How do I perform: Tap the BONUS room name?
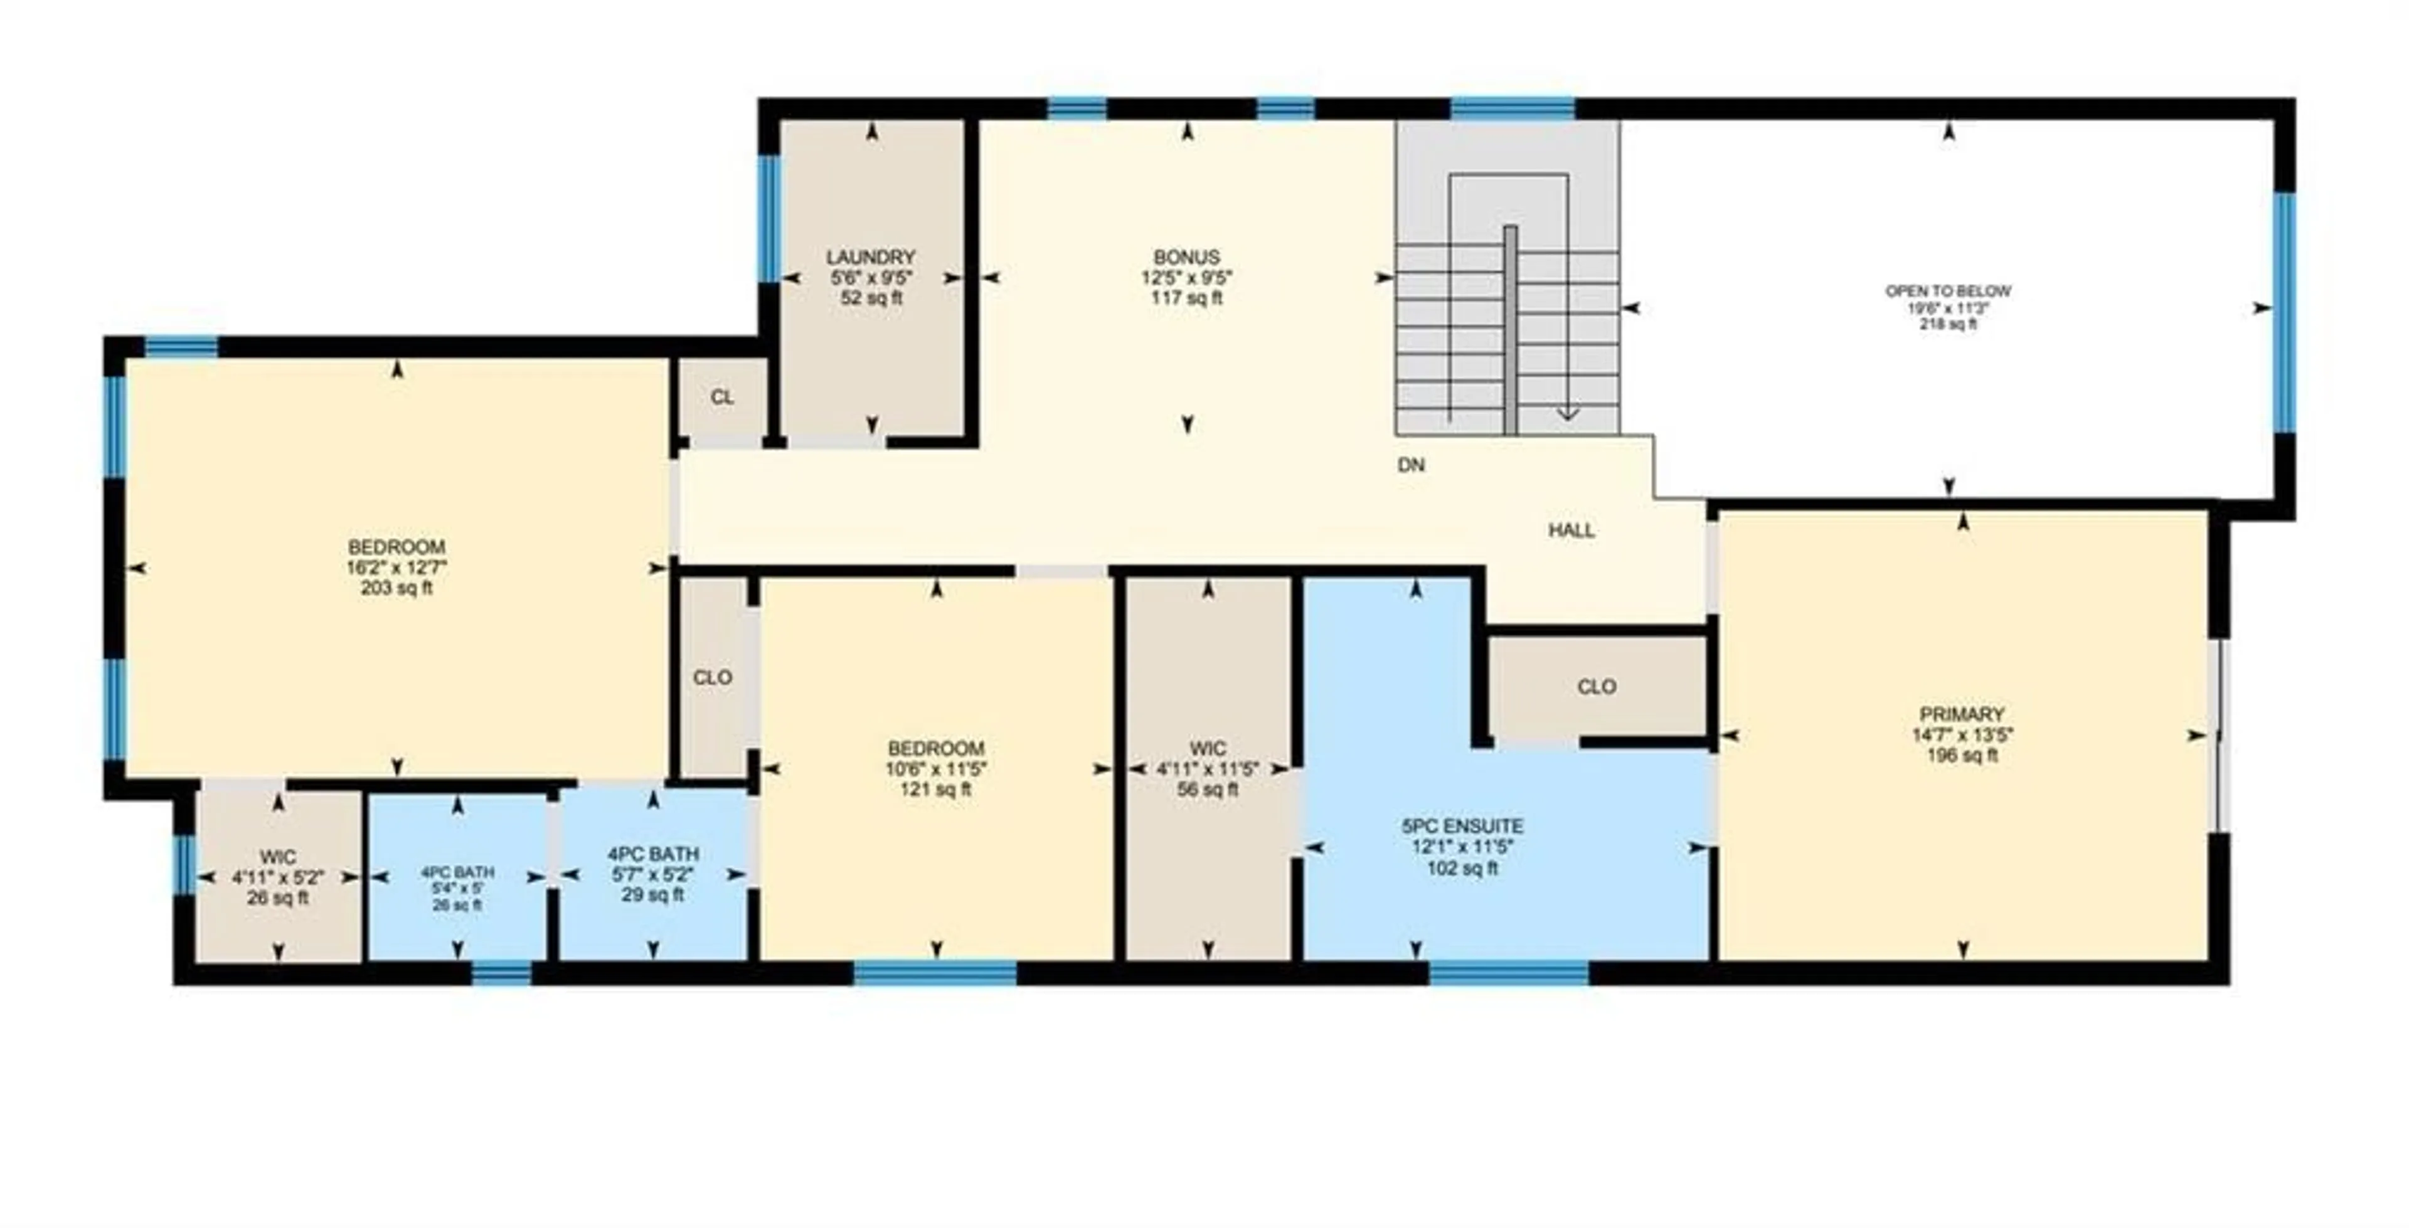tap(1187, 257)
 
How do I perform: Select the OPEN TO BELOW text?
tap(1948, 292)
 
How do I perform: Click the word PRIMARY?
tap(1962, 714)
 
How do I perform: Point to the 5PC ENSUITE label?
tap(1462, 827)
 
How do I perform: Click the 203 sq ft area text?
tap(396, 588)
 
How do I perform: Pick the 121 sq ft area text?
tap(935, 790)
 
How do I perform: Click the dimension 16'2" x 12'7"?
tap(396, 568)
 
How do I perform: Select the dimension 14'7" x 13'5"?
tap(1962, 735)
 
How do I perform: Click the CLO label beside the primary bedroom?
tap(1597, 687)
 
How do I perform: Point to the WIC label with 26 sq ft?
tap(278, 857)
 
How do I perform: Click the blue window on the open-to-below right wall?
tap(2285, 312)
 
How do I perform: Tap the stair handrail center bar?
tap(1510, 330)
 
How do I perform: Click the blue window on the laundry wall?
tap(768, 219)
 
